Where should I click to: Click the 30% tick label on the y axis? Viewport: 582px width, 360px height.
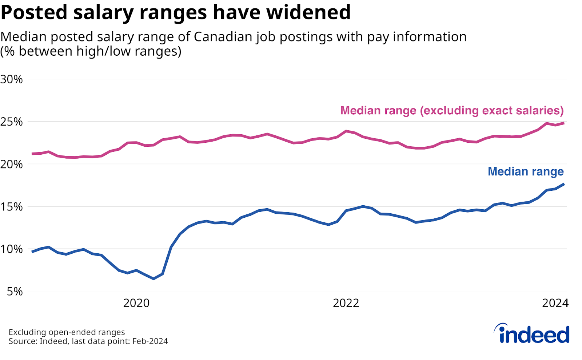click(x=12, y=79)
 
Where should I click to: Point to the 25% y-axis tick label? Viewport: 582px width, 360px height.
click(x=12, y=122)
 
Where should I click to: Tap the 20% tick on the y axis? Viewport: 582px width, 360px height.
click(x=12, y=164)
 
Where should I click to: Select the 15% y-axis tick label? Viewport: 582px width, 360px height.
click(x=12, y=206)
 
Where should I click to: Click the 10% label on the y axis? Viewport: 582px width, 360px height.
click(x=12, y=249)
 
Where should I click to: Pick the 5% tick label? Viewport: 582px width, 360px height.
click(x=15, y=291)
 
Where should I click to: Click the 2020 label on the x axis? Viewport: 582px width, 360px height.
click(x=136, y=303)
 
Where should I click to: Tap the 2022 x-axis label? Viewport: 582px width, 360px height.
click(x=346, y=303)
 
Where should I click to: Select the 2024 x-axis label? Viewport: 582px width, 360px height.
click(x=555, y=303)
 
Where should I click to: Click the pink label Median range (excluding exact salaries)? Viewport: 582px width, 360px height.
click(x=452, y=110)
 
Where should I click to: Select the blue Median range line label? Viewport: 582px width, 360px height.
click(x=526, y=171)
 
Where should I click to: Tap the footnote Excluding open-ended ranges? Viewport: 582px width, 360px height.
click(x=67, y=332)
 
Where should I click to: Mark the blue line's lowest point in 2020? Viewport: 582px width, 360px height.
click(x=154, y=278)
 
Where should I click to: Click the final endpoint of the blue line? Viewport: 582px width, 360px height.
click(x=563, y=184)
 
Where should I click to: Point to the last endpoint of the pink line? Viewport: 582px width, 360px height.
click(x=563, y=123)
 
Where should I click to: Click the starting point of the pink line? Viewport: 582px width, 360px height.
click(x=33, y=154)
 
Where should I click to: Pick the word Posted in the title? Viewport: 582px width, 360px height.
click(x=34, y=12)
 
